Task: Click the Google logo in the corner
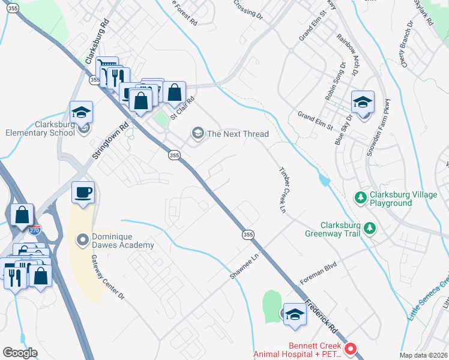20,353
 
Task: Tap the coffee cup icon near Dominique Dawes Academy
83,193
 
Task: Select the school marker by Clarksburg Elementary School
81,112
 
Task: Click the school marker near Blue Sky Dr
363,102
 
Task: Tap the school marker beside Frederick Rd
295,314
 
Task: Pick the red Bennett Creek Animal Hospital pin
351,348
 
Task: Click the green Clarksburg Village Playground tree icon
360,197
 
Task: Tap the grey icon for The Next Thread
197,134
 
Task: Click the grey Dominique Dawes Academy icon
83,239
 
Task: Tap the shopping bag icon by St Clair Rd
174,92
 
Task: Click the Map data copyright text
423,355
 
